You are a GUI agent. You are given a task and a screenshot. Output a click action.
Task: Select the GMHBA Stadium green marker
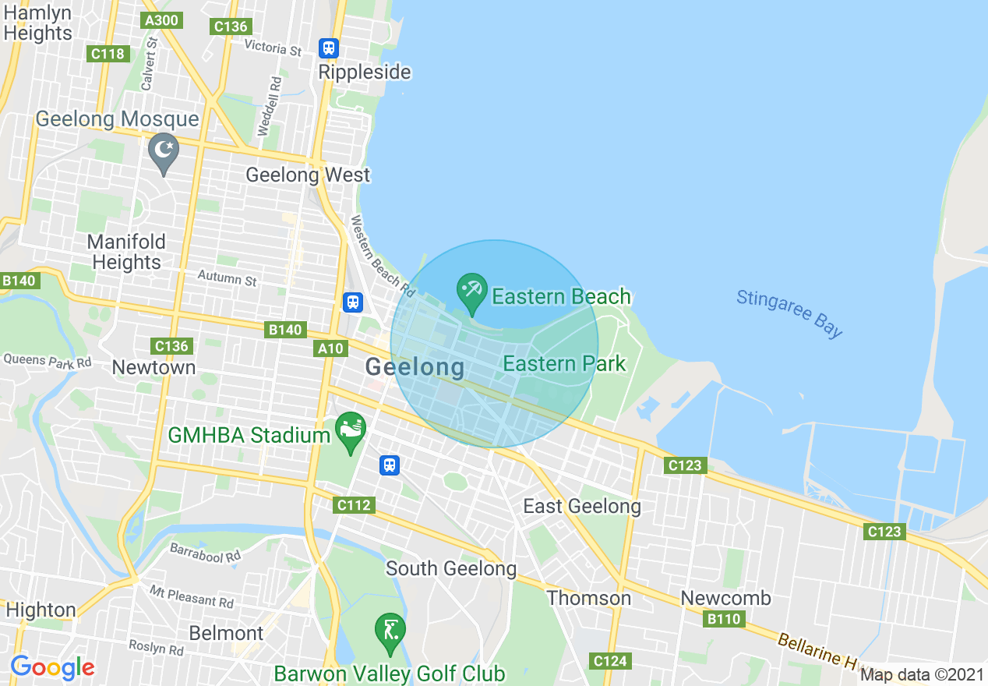[350, 430]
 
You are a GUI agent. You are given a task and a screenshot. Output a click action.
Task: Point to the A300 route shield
[162, 20]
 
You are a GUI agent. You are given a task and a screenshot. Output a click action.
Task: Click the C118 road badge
[108, 54]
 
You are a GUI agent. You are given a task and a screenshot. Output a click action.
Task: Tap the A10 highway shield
[330, 348]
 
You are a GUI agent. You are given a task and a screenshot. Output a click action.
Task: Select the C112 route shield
[355, 505]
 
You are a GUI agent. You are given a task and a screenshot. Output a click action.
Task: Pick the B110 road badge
[724, 619]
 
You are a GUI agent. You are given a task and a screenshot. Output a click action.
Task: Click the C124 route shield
[610, 661]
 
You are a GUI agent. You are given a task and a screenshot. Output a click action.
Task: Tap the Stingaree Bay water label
[789, 313]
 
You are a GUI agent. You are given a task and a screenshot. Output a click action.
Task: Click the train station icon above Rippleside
[329, 48]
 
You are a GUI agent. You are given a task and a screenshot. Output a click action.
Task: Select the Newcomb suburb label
[725, 598]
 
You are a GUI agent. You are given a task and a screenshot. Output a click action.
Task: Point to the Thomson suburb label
[589, 598]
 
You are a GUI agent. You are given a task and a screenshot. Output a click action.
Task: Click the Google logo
[52, 667]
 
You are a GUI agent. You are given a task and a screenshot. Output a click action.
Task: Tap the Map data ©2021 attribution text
[922, 674]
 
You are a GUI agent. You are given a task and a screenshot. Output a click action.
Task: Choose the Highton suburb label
[41, 610]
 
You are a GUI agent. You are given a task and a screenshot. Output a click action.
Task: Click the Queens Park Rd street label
[47, 361]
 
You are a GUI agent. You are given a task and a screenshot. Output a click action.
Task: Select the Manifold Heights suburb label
[126, 252]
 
